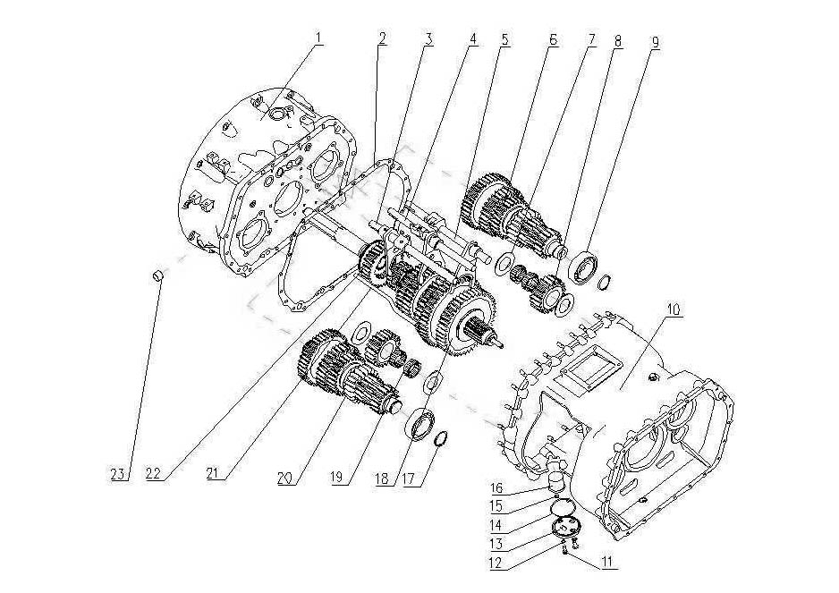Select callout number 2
click(382, 38)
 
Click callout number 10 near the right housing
click(673, 309)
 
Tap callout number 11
click(607, 565)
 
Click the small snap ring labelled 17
click(441, 439)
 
